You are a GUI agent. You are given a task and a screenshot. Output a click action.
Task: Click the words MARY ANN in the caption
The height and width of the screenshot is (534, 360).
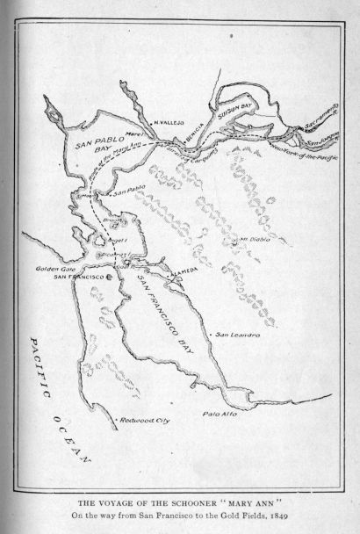click(250, 498)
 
